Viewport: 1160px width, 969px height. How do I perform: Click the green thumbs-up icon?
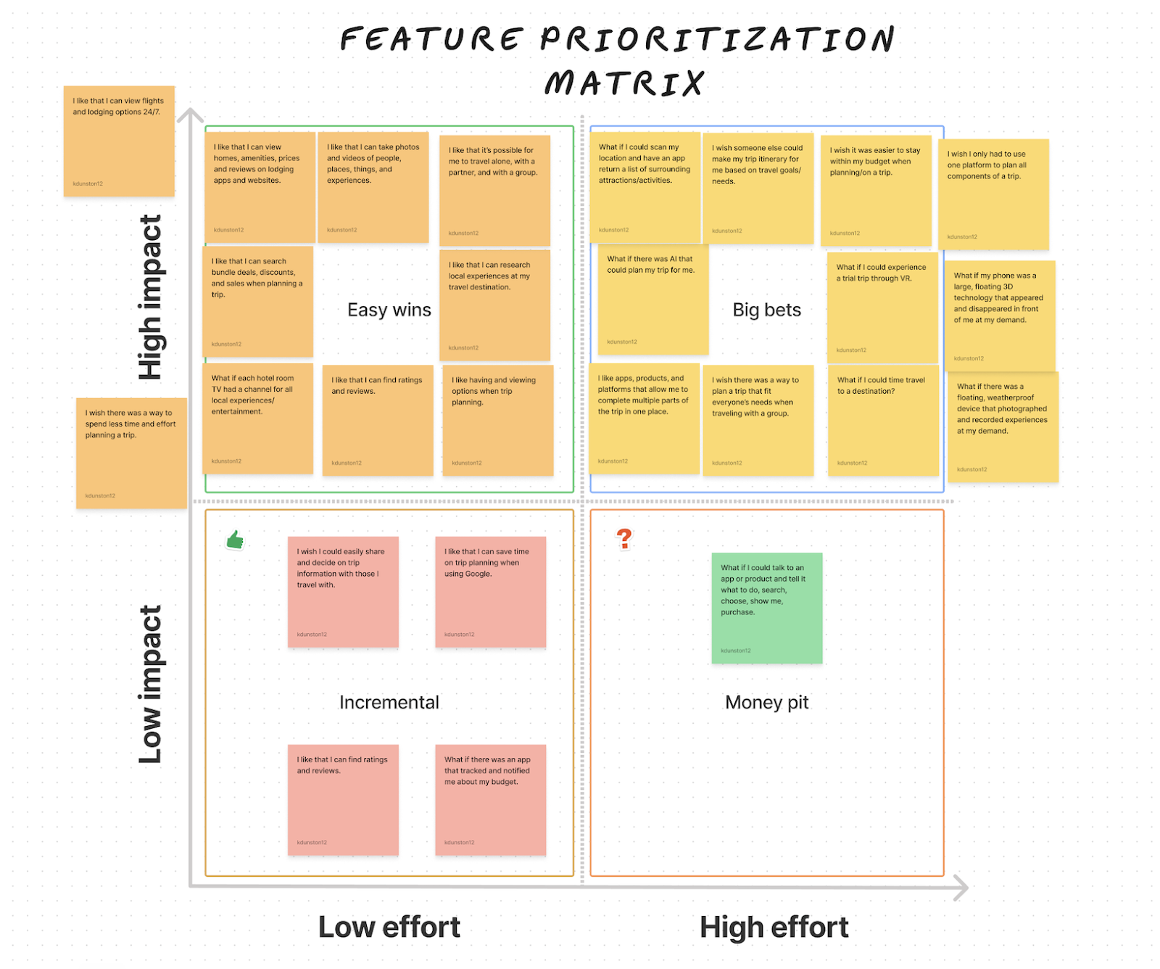(x=235, y=540)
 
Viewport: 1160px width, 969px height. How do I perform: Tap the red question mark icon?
(x=624, y=538)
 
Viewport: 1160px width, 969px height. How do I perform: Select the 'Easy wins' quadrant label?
(x=389, y=310)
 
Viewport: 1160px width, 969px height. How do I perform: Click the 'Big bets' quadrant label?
(x=766, y=310)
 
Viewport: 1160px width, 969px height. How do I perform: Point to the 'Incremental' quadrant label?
(x=389, y=702)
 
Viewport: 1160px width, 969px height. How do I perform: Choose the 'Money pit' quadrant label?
(x=766, y=702)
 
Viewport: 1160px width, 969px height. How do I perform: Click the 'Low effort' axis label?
(x=389, y=927)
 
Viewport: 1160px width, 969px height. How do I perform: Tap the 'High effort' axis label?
(x=774, y=927)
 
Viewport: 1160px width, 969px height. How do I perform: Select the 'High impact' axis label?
(x=151, y=297)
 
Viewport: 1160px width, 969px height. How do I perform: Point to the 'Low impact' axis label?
(x=151, y=685)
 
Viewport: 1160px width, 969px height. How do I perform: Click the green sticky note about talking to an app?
(x=767, y=608)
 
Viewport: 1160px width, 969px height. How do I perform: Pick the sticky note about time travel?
(x=883, y=421)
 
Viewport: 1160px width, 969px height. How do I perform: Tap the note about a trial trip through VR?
(x=882, y=308)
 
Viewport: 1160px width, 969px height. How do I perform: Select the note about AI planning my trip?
(x=652, y=299)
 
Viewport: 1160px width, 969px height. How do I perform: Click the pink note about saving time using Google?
(x=490, y=592)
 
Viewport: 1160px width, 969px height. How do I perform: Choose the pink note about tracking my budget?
(x=490, y=800)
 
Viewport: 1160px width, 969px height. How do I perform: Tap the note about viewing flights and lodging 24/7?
(x=119, y=141)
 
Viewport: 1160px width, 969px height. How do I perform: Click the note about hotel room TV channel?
(x=257, y=418)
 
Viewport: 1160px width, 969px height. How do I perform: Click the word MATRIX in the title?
(x=624, y=83)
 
